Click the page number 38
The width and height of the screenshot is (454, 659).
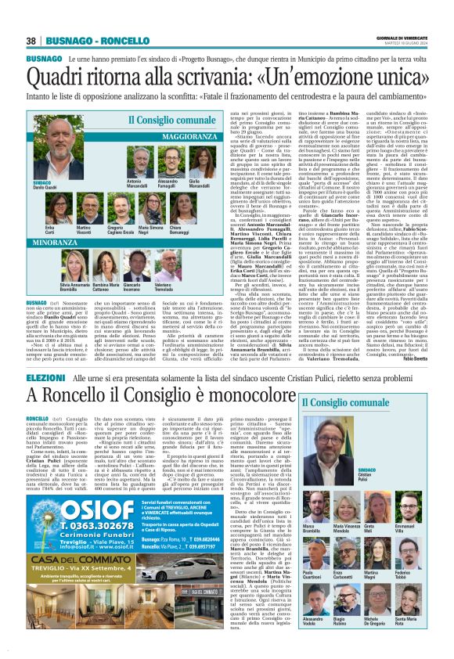click(x=32, y=41)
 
